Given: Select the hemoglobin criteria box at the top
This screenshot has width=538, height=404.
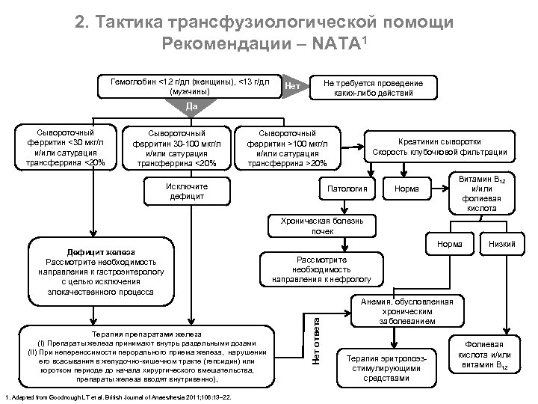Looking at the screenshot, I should (x=190, y=86).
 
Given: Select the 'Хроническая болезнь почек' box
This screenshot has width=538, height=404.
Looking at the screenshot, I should (x=322, y=226).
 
